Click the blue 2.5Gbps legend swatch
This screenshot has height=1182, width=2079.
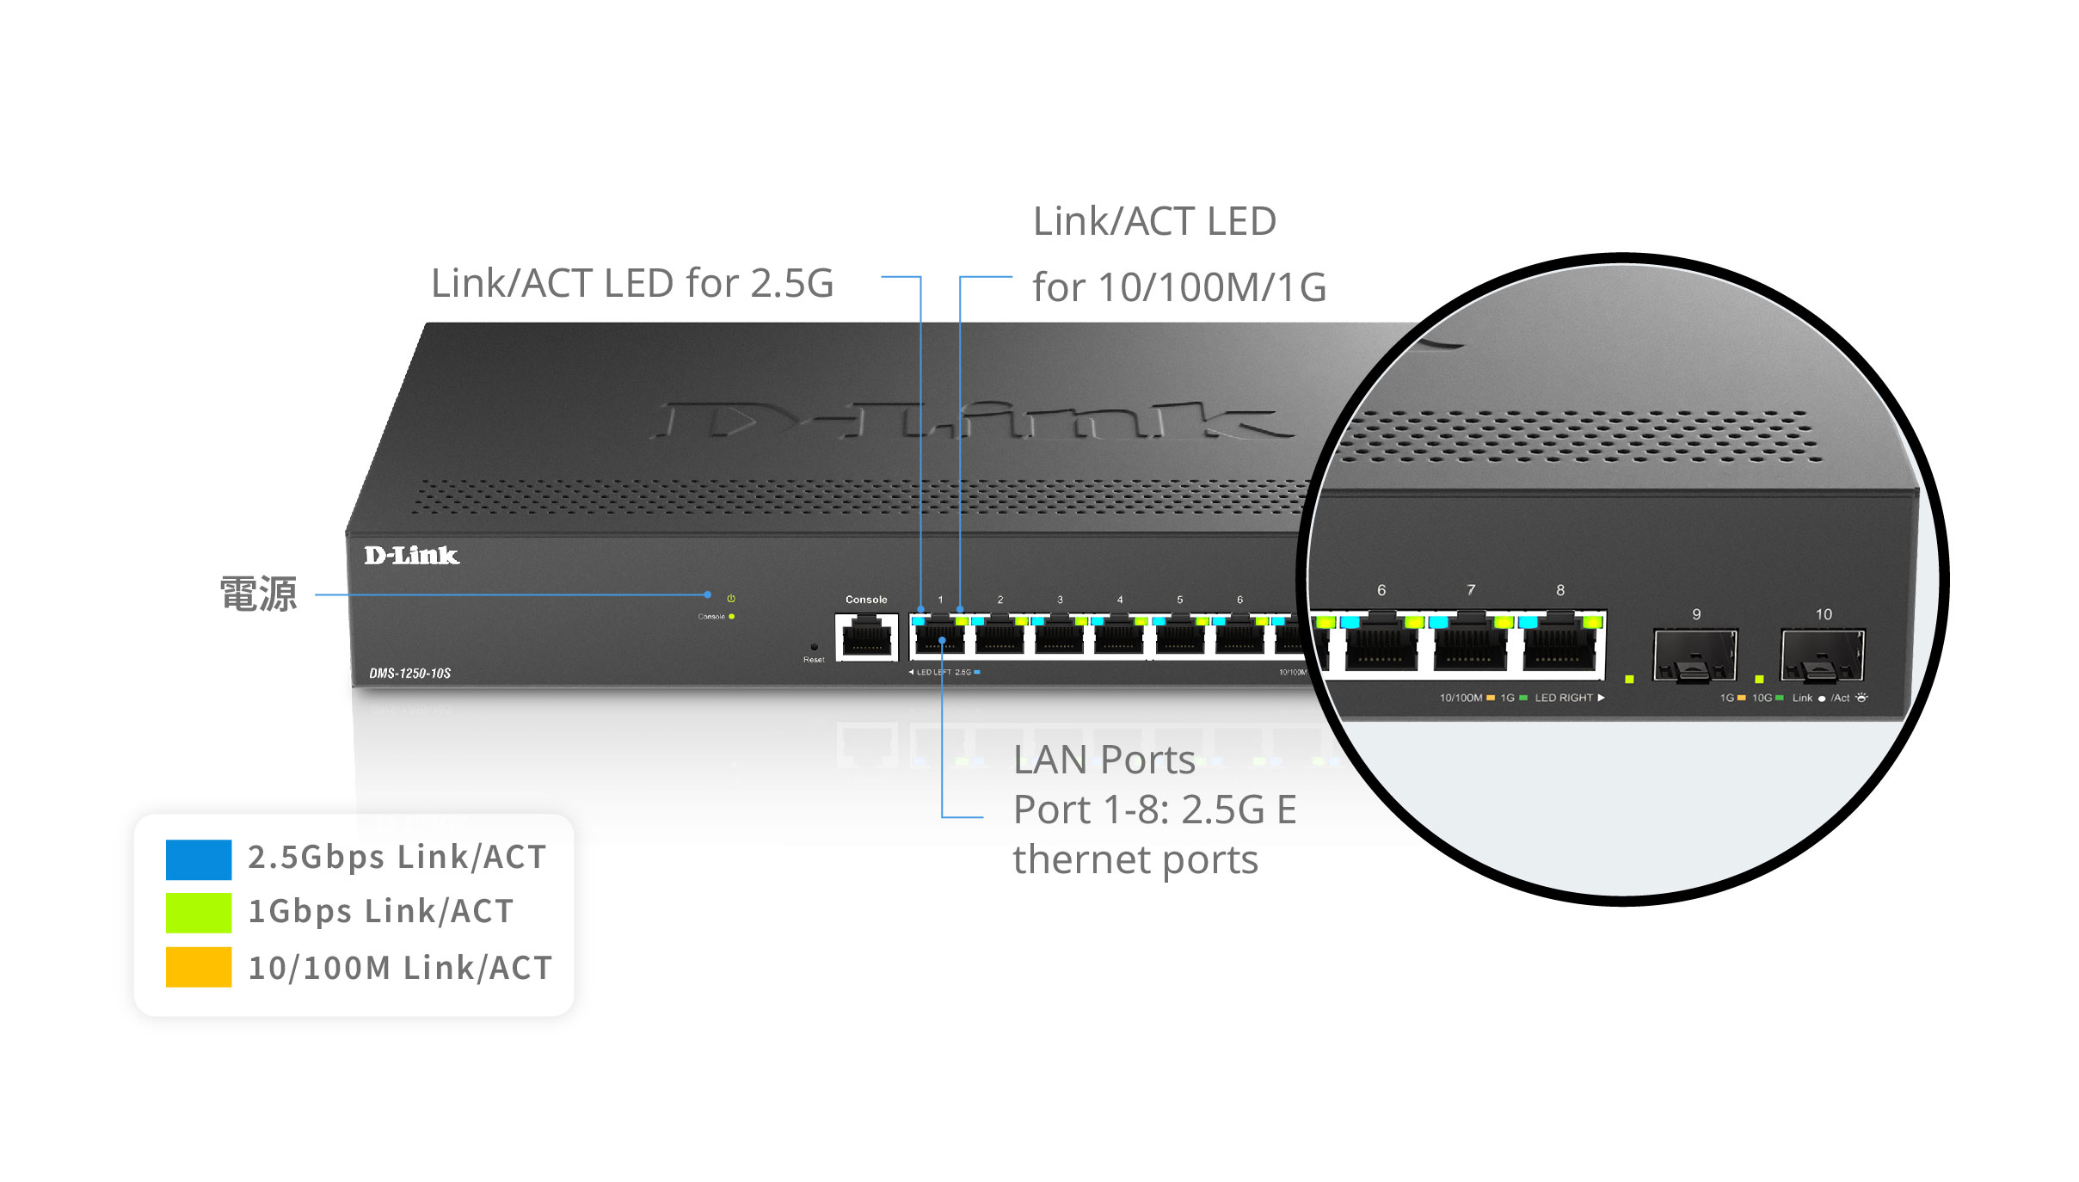pos(198,859)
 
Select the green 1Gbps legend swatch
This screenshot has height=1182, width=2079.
pos(198,913)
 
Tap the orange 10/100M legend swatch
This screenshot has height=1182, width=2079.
pos(198,967)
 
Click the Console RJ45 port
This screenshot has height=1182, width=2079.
pos(866,639)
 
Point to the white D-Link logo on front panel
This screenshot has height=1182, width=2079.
pos(411,556)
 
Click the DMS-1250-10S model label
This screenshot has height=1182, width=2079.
pos(410,673)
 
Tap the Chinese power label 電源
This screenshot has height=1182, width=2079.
pos(259,594)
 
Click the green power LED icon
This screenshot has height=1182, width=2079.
pos(731,598)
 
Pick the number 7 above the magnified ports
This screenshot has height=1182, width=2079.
pos(1471,590)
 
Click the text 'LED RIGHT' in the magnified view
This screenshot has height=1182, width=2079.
pos(1564,698)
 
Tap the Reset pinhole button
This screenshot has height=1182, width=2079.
pos(814,647)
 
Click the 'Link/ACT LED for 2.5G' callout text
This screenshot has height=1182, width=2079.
pos(632,283)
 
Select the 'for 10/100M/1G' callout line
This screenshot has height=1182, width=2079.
pos(1179,287)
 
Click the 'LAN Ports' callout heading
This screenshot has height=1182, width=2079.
pos(1104,760)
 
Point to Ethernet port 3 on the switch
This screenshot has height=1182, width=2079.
pos(1060,639)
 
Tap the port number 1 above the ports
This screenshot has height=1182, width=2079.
pos(940,600)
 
